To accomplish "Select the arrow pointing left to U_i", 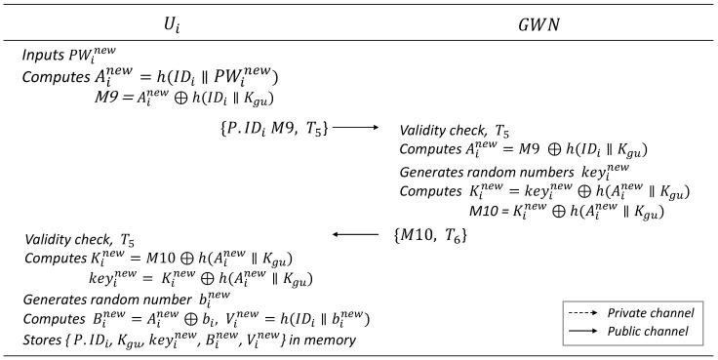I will click(352, 234).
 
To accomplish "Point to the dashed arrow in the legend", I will click(583, 313).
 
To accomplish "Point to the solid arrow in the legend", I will click(583, 332).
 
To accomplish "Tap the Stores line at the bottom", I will click(190, 340).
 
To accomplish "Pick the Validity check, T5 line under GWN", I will click(455, 130).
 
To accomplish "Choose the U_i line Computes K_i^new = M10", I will click(158, 259).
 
